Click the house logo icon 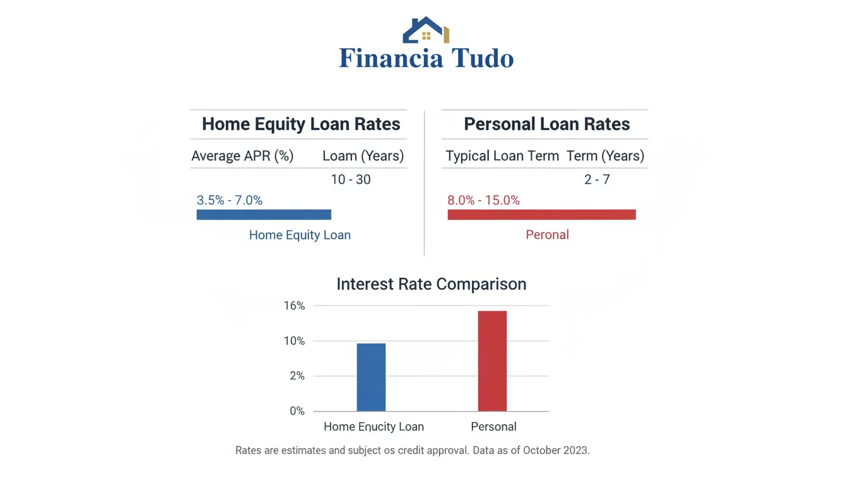click(x=426, y=30)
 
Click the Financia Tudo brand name click(x=426, y=59)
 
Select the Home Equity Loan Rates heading click(x=301, y=124)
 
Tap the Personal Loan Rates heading click(x=546, y=124)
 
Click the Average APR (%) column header click(x=242, y=156)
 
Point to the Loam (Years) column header click(x=363, y=156)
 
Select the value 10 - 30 click(x=351, y=179)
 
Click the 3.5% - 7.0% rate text click(x=230, y=200)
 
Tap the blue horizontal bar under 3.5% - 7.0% click(x=264, y=215)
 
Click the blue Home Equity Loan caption click(x=300, y=235)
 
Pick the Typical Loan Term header click(x=502, y=156)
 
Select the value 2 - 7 click(x=597, y=179)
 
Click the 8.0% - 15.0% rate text click(x=483, y=200)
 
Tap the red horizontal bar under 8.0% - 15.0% click(x=541, y=215)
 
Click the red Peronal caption click(x=547, y=235)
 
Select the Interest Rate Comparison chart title click(x=431, y=284)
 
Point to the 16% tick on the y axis click(x=295, y=306)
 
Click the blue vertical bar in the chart click(x=371, y=377)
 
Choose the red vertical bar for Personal click(x=492, y=361)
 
